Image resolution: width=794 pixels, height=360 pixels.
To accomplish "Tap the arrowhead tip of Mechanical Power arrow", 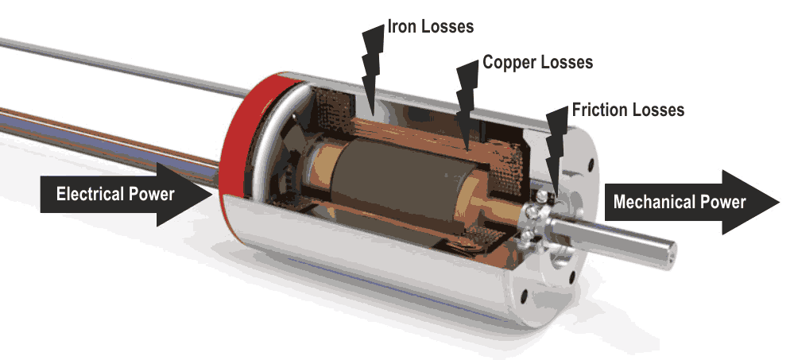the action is point(780,202).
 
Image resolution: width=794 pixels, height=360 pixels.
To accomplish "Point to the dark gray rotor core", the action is point(393,183).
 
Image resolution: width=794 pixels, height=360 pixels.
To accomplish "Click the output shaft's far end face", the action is point(669,254).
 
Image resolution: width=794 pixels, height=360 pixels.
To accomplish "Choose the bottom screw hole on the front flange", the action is point(524,296).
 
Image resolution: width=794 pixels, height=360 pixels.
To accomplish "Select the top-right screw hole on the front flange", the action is point(589,165).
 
